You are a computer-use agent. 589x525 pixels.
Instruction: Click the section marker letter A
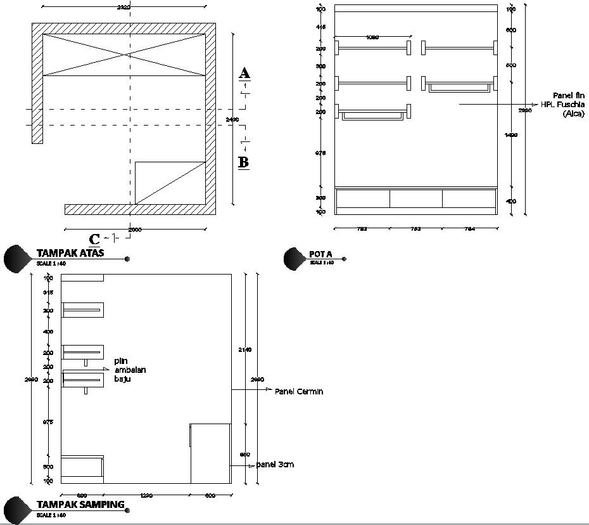point(244,73)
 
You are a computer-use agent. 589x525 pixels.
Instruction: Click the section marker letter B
point(243,162)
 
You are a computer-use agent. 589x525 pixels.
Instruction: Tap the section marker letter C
point(94,239)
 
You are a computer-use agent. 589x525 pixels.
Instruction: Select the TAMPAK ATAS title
point(70,253)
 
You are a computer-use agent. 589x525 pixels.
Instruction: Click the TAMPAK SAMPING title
point(80,505)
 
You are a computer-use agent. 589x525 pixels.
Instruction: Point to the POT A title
point(320,254)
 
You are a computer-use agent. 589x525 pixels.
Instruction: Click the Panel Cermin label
point(299,391)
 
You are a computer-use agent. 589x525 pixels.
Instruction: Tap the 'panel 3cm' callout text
point(275,465)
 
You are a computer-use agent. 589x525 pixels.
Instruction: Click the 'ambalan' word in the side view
point(130,370)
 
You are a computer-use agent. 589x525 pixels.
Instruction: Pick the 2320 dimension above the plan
point(124,7)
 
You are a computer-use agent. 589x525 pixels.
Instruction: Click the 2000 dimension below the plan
point(136,229)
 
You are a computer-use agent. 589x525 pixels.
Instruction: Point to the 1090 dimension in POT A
point(372,37)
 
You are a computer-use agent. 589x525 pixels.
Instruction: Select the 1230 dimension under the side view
point(146,496)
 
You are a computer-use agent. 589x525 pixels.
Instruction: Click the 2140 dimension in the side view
point(244,349)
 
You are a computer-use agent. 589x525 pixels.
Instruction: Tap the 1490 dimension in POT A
point(512,134)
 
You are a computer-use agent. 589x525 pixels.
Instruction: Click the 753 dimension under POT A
point(415,228)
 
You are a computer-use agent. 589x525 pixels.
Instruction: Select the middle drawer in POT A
point(415,198)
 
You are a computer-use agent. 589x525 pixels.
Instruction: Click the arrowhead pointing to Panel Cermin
point(269,389)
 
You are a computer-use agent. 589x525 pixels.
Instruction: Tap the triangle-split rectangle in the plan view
point(170,183)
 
